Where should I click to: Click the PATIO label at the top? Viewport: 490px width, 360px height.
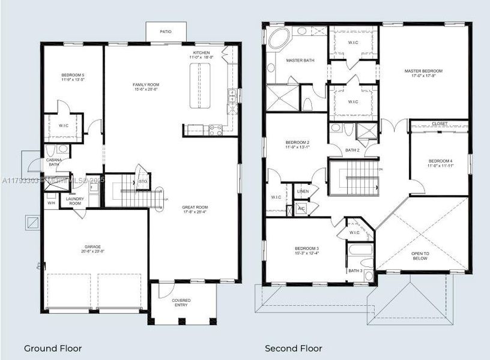(x=165, y=32)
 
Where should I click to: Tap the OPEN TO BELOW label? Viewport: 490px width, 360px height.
(x=420, y=256)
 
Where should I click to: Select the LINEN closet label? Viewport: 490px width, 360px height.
(x=303, y=191)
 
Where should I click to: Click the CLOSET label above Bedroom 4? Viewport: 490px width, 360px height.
(x=440, y=124)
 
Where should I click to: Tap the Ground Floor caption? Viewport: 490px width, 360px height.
(x=53, y=348)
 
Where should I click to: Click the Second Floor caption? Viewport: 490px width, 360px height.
(x=294, y=348)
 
